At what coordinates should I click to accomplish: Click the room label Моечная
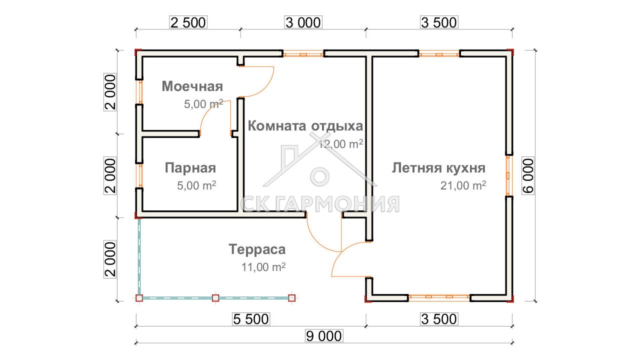point(192,86)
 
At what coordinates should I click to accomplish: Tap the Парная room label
point(190,168)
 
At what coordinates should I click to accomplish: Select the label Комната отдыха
point(305,125)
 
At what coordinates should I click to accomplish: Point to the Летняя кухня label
point(438,168)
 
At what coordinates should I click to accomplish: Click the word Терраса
point(257,249)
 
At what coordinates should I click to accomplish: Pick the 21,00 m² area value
point(463,185)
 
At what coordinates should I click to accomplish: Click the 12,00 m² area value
point(341,144)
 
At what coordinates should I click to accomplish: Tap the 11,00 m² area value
point(263,267)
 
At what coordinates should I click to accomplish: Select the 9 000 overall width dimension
point(323,336)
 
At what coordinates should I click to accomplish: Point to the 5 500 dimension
point(251,319)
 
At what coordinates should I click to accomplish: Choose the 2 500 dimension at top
point(188,22)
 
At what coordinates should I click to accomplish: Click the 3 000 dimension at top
point(303,22)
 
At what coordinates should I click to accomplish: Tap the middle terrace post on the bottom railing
point(215,298)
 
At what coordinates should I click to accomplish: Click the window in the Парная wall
point(139,175)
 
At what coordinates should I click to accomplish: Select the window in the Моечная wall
point(139,92)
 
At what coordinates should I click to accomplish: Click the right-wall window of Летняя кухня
point(509,175)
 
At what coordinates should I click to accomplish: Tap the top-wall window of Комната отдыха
point(303,53)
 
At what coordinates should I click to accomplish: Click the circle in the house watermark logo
point(319,176)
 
